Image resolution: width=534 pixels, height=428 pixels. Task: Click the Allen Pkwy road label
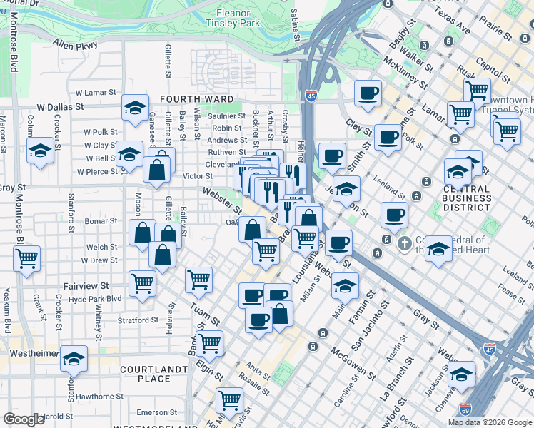tap(74, 45)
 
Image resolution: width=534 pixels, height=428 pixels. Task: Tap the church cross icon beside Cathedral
tap(404, 244)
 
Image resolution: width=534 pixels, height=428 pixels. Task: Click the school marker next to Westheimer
tap(74, 359)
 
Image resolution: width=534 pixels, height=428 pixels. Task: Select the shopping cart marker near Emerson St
tap(229, 399)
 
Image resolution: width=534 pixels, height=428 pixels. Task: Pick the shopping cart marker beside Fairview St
tap(143, 283)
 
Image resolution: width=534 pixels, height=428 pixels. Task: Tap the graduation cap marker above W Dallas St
tap(135, 108)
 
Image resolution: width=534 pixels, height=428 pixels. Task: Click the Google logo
tap(24, 419)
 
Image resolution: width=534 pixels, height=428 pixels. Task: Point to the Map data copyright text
tap(490, 422)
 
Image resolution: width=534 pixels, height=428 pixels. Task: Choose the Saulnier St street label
tap(226, 116)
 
